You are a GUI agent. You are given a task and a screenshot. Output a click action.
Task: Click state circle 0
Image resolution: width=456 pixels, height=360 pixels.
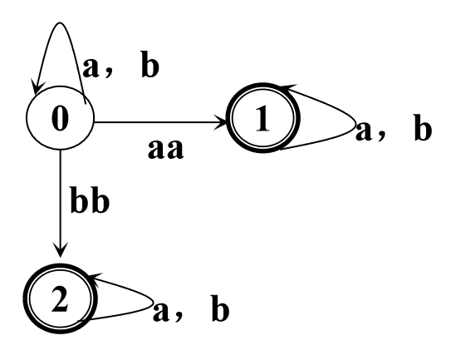point(60,118)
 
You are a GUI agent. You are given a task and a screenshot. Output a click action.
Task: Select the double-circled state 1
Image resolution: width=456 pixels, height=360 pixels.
point(263,117)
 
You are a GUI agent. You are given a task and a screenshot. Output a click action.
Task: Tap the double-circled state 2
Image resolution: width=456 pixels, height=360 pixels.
point(60,298)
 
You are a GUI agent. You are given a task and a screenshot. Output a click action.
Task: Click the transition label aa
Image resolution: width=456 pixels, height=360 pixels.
point(166,149)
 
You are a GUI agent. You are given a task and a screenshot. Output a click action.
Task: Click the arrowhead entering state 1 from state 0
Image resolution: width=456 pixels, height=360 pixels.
point(221,122)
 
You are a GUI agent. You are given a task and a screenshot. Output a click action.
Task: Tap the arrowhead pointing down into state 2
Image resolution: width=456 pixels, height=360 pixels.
point(60,249)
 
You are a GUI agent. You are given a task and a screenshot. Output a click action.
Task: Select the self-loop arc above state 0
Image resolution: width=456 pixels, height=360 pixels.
point(60,22)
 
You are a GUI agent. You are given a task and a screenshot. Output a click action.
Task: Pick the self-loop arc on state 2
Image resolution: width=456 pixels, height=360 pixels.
point(154,304)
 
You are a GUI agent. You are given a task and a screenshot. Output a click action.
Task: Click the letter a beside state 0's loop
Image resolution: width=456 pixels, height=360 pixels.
point(91,68)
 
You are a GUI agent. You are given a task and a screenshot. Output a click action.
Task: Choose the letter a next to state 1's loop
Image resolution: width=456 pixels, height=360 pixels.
point(364,131)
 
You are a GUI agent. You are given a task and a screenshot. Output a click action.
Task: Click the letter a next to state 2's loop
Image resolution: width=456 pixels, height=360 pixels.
point(161,313)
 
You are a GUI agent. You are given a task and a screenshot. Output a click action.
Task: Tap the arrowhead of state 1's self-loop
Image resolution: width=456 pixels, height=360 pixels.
point(288,87)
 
